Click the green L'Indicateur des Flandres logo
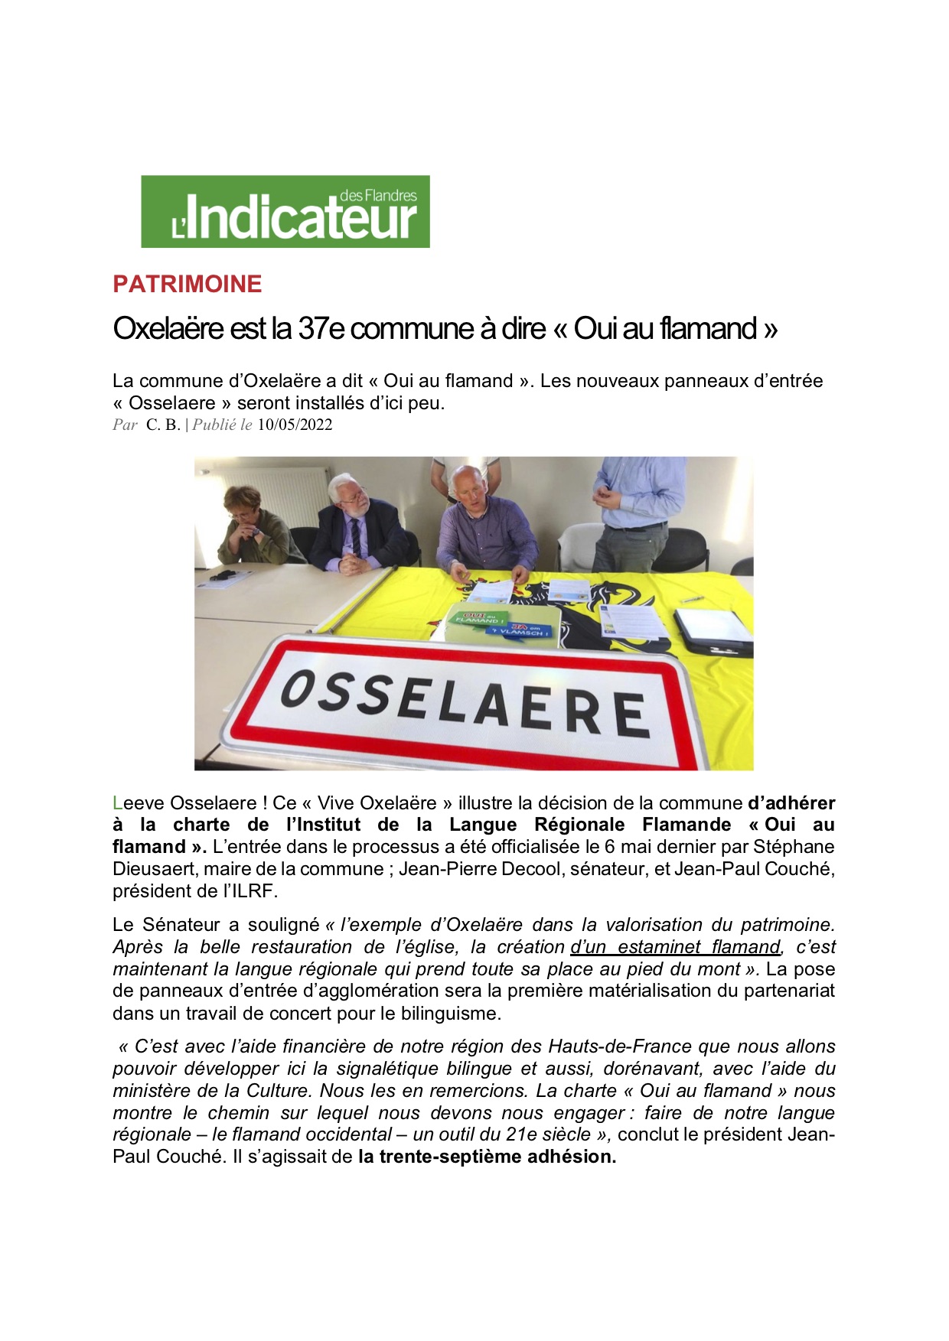285,211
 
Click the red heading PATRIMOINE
187,284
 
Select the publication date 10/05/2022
295,425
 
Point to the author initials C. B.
163,425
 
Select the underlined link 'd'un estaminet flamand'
675,947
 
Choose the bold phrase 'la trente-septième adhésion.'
487,1157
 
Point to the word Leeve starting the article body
138,803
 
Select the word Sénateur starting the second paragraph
181,925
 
